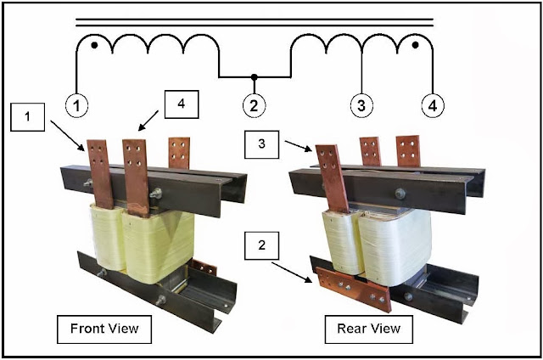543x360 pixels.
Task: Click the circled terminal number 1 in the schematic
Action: point(76,105)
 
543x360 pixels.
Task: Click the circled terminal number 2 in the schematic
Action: point(254,105)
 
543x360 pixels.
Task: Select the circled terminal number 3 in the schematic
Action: point(361,105)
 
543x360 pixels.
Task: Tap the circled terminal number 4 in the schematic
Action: point(433,105)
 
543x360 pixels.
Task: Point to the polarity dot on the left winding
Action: point(94,45)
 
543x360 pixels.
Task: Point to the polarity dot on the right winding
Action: point(416,45)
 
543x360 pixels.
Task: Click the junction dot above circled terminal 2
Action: point(255,76)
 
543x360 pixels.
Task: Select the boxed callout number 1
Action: point(27,117)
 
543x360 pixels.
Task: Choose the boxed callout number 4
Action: point(182,104)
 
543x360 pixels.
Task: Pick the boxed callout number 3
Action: point(262,144)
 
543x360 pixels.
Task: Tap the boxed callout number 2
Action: point(262,245)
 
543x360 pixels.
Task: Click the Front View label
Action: point(104,329)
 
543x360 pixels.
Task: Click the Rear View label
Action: point(369,329)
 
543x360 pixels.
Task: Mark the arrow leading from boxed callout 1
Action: point(68,136)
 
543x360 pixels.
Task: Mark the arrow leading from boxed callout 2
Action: point(292,273)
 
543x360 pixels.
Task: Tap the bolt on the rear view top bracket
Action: point(400,194)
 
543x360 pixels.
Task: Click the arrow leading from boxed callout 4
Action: point(148,121)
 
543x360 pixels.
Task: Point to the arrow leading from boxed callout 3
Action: point(298,146)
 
